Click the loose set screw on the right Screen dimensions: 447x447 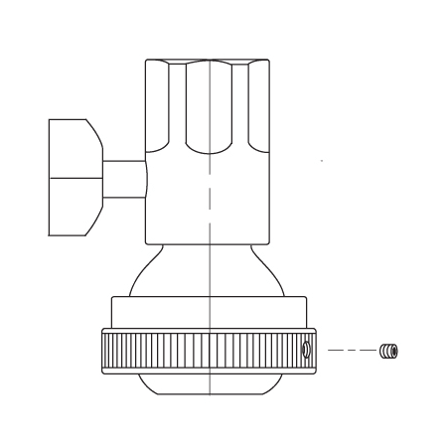(x=387, y=351)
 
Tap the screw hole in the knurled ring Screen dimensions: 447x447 (x=308, y=351)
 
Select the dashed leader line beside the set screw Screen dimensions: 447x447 (x=350, y=351)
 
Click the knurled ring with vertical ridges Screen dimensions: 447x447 (x=199, y=352)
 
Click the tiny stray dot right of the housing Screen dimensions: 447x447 (x=322, y=160)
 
